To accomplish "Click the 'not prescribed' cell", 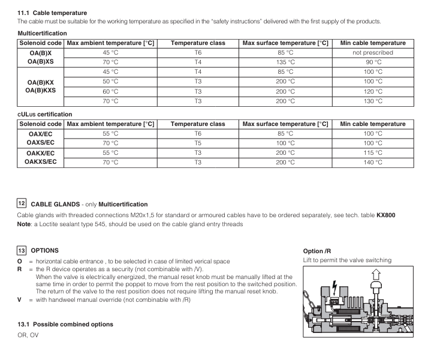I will coord(373,52).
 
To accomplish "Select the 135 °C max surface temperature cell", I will coord(285,62).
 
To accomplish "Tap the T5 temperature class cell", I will coord(198,143).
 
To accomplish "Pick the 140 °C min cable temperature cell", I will coord(373,162).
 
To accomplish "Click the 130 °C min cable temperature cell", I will coord(373,101).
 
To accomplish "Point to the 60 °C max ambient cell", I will coord(110,91).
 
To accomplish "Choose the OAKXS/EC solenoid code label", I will coord(41,162).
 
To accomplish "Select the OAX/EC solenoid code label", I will coord(41,133).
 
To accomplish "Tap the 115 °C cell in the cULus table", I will coord(373,152).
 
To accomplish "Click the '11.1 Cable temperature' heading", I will coord(52,13).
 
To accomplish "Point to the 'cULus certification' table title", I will coord(45,114).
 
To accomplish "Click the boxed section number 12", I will coord(22,203).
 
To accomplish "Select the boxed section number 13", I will coord(22,250).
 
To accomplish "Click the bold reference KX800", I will coord(385,215).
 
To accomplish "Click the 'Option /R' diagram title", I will coord(318,251).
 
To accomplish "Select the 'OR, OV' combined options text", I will coord(28,335).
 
